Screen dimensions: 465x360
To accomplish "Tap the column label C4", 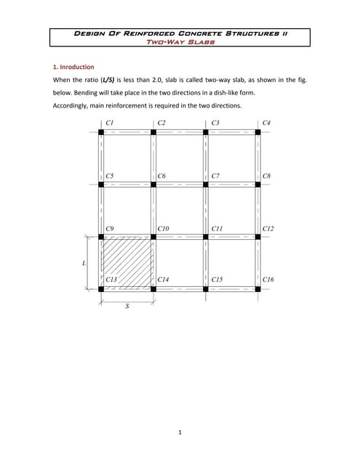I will pos(267,123).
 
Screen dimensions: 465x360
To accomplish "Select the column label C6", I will pos(162,176).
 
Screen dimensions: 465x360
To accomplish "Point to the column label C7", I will pos(215,176).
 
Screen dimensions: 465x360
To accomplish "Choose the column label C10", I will pos(164,228).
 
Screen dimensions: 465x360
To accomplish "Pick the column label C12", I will pos(268,228).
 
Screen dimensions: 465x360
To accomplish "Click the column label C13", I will pos(111,280).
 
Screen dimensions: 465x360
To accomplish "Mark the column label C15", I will pos(216,280).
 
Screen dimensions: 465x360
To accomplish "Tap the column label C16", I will pos(268,280).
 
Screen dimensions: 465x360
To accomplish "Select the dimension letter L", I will pos(84,262).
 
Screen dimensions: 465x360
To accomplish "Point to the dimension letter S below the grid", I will pos(127,306).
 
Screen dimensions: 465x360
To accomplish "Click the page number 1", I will pos(180,433).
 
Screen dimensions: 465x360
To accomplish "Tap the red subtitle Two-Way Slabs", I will pos(180,42).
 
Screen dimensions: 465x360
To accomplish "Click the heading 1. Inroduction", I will pos(73,67).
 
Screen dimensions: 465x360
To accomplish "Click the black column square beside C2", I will pos(153,132).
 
